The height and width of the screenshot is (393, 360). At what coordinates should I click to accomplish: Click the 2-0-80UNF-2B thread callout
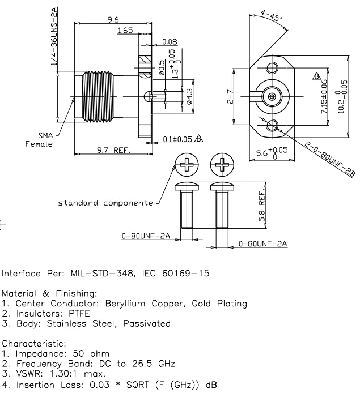(x=325, y=162)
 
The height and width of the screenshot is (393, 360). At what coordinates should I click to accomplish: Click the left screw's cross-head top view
(x=187, y=165)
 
